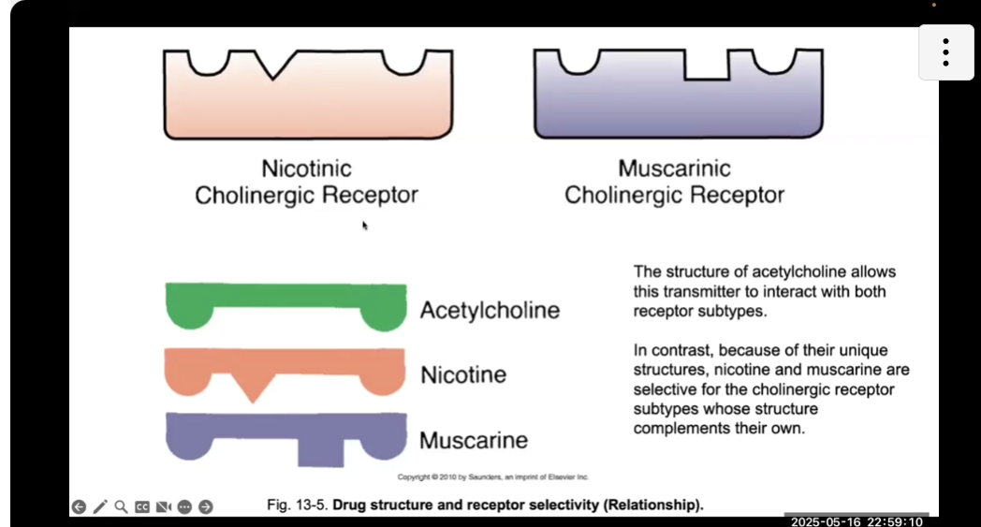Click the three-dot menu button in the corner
click(x=945, y=52)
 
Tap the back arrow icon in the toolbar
click(x=79, y=506)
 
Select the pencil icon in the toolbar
click(x=100, y=506)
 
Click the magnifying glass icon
click(x=121, y=506)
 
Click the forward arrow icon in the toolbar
click(x=206, y=506)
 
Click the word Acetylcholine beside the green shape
click(x=490, y=310)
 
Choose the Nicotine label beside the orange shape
click(x=463, y=375)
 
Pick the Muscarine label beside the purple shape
click(x=474, y=440)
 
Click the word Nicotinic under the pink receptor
click(x=306, y=169)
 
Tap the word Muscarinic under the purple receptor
click(x=674, y=169)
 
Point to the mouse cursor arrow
click(x=365, y=226)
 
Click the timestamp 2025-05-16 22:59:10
click(x=857, y=521)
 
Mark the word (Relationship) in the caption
click(x=653, y=505)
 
